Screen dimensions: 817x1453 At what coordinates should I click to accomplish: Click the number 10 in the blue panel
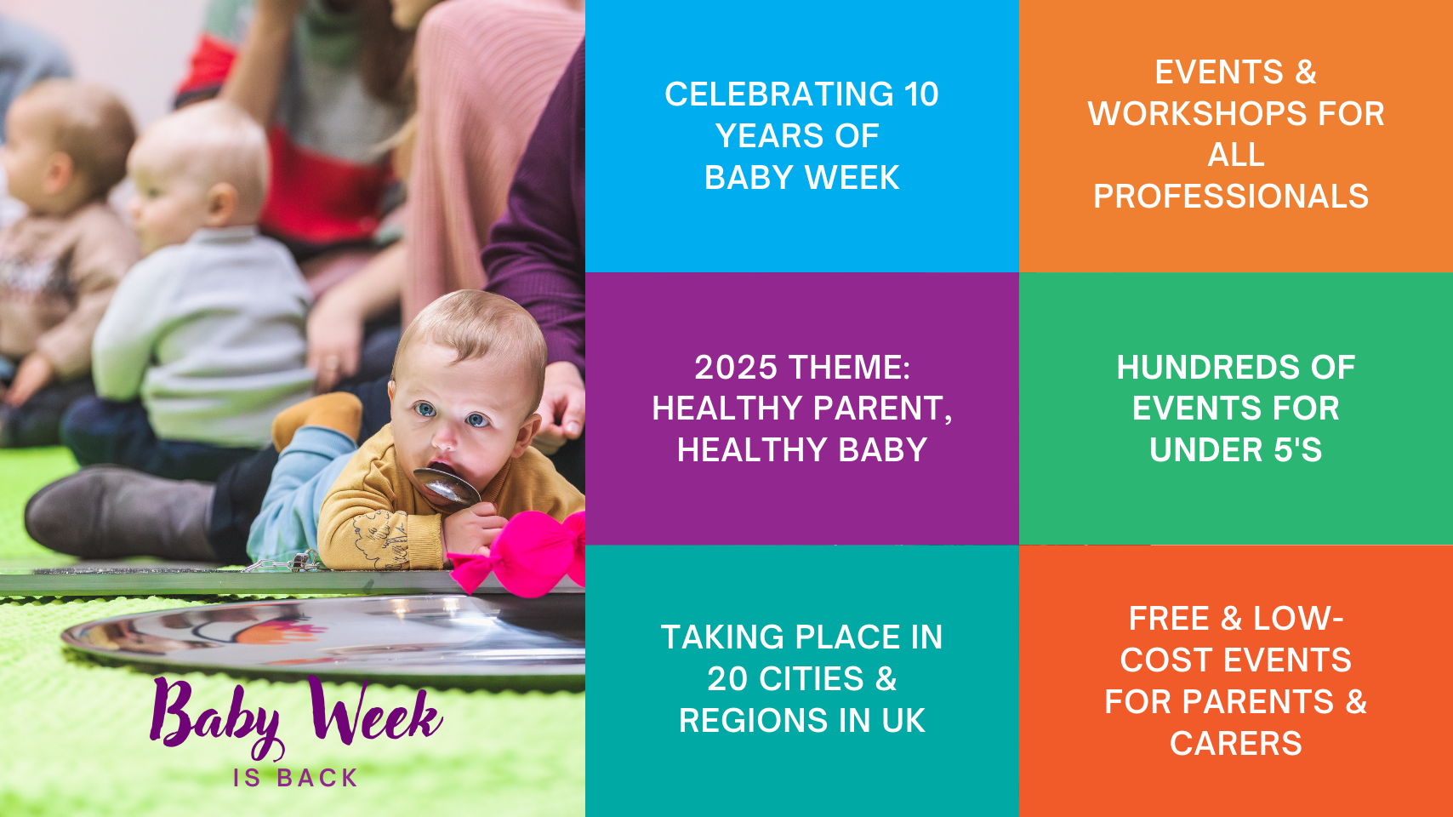pyautogui.click(x=921, y=94)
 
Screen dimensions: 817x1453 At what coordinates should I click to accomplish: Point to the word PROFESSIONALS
pyautogui.click(x=1231, y=197)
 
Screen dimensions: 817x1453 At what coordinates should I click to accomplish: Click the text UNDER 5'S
pyautogui.click(x=1235, y=450)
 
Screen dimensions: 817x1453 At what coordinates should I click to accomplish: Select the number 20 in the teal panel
pyautogui.click(x=727, y=679)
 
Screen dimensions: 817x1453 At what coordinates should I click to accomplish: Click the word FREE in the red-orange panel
pyautogui.click(x=1168, y=619)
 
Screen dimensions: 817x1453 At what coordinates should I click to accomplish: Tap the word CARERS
pyautogui.click(x=1235, y=744)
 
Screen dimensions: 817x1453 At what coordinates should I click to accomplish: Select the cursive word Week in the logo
pyautogui.click(x=374, y=711)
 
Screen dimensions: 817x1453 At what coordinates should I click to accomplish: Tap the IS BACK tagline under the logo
pyautogui.click(x=295, y=778)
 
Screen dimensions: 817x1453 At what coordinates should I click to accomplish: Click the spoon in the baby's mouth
pyautogui.click(x=447, y=484)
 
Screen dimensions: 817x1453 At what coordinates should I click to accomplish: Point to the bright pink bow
pyautogui.click(x=523, y=551)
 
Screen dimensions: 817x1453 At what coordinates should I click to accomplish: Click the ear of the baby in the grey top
pyautogui.click(x=220, y=203)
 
